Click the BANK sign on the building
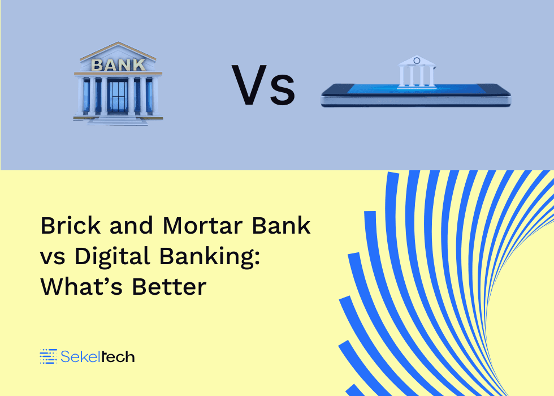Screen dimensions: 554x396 pyautogui.click(x=118, y=64)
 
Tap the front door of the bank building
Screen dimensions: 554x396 pyautogui.click(x=118, y=96)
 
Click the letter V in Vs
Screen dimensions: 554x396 pyautogui.click(x=249, y=85)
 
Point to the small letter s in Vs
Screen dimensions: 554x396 pyautogui.click(x=282, y=91)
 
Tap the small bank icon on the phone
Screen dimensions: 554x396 pyautogui.click(x=417, y=71)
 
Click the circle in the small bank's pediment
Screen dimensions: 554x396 pyautogui.click(x=417, y=61)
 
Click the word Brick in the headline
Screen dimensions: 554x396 pyautogui.click(x=71, y=225)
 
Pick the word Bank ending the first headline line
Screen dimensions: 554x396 pyautogui.click(x=282, y=225)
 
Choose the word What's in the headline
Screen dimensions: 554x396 pyautogui.click(x=81, y=286)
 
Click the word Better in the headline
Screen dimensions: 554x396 pyautogui.click(x=169, y=286)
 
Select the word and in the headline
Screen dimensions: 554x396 pyautogui.click(x=131, y=225)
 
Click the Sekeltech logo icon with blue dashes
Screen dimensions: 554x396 pyautogui.click(x=48, y=356)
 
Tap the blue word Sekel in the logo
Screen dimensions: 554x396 pyautogui.click(x=81, y=356)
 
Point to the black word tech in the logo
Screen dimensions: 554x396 pyautogui.click(x=118, y=356)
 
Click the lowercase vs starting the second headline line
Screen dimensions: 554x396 pyautogui.click(x=53, y=258)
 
